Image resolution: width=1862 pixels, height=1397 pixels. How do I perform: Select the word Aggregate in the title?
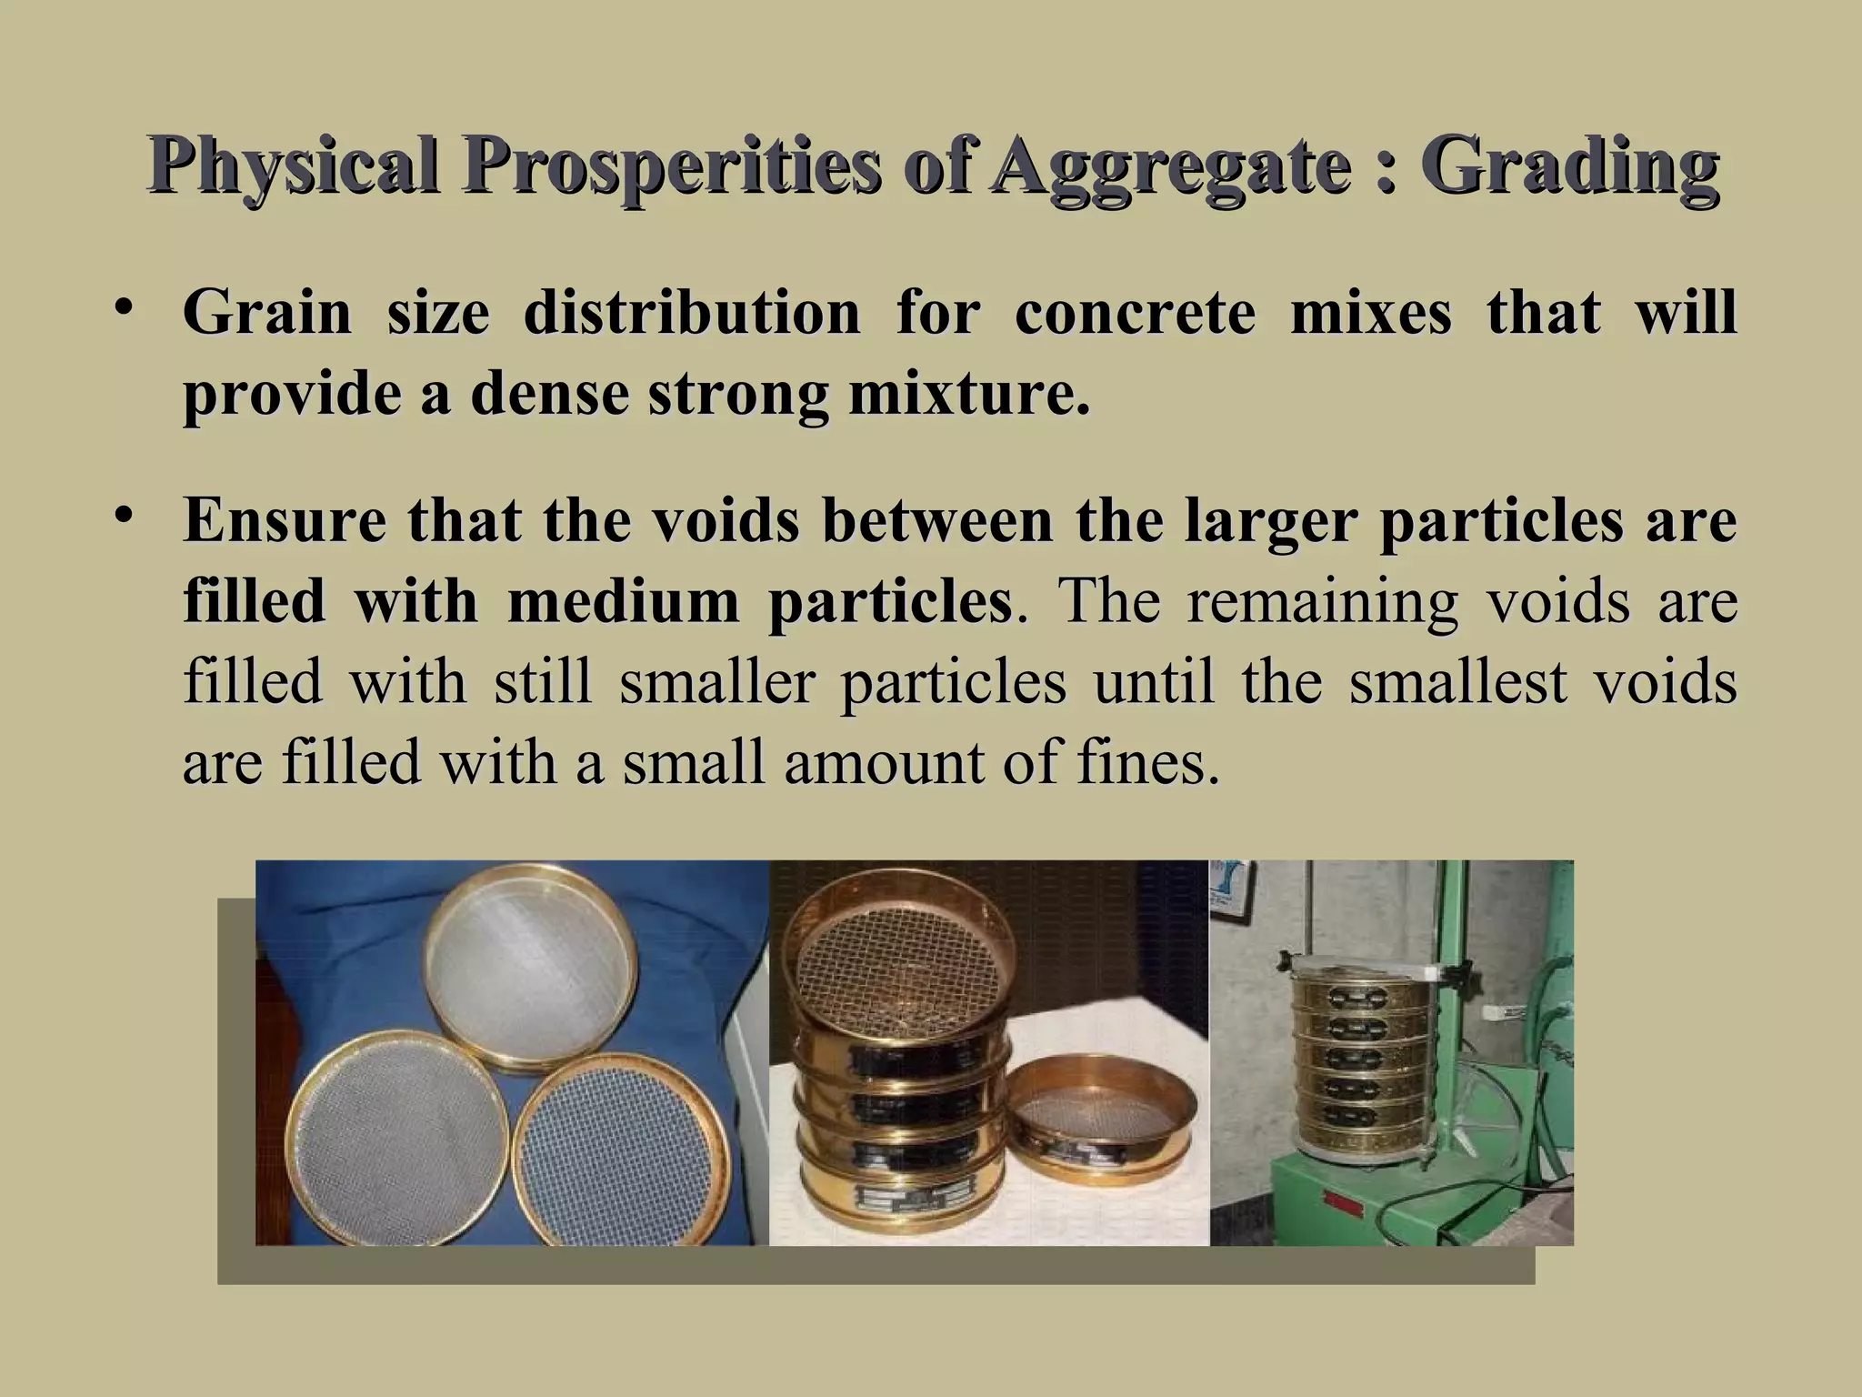coord(1171,169)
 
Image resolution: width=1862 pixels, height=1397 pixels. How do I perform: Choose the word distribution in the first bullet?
coord(692,312)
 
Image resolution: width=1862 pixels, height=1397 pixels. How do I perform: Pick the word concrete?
coord(1134,312)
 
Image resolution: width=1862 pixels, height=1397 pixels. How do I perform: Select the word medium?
coord(624,601)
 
